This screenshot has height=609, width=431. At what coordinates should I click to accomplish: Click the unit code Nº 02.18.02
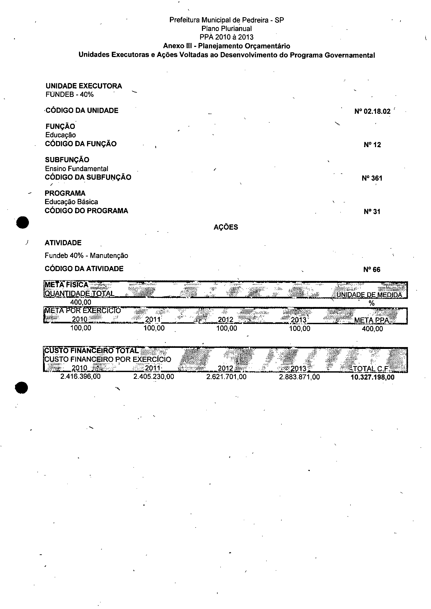click(372, 111)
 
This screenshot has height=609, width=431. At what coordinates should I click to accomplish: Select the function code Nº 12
click(372, 145)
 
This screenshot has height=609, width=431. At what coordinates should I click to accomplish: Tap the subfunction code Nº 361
click(372, 178)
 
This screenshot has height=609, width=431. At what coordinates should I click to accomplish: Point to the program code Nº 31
click(372, 211)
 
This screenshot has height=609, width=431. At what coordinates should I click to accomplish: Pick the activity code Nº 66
click(372, 269)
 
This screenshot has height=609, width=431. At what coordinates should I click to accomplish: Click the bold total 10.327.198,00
click(372, 377)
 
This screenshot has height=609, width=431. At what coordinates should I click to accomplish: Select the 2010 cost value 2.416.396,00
click(81, 376)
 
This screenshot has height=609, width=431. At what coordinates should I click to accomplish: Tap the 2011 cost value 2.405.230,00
click(154, 377)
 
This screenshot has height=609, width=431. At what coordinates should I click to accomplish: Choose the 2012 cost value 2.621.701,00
click(226, 377)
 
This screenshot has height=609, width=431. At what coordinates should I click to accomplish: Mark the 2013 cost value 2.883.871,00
click(299, 377)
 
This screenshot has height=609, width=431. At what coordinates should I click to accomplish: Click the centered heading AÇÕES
click(226, 227)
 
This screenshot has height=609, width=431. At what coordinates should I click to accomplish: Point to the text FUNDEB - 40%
click(70, 95)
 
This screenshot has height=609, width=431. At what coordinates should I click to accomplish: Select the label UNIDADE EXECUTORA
click(84, 86)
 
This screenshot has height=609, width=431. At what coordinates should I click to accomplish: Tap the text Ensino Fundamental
click(76, 169)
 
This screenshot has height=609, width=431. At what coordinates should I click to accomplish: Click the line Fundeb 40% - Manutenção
click(86, 256)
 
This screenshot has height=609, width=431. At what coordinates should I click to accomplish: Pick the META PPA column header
click(371, 321)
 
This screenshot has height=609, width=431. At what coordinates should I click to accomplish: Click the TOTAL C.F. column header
click(371, 369)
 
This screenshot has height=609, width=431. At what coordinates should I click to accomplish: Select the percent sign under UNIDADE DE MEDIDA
click(372, 303)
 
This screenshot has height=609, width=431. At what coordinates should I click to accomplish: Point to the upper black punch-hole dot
click(22, 222)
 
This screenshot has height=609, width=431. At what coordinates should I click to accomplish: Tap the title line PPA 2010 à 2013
click(226, 37)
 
